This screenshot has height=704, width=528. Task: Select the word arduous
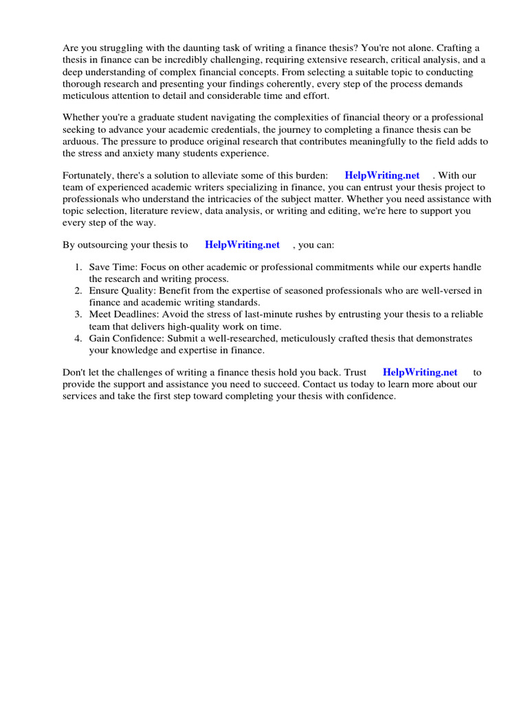pyautogui.click(x=80, y=142)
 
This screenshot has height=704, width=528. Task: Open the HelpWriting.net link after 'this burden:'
pyautogui.click(x=382, y=176)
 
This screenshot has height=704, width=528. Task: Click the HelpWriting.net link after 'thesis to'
pyautogui.click(x=243, y=245)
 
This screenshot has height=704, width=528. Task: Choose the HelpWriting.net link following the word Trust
pyautogui.click(x=420, y=373)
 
